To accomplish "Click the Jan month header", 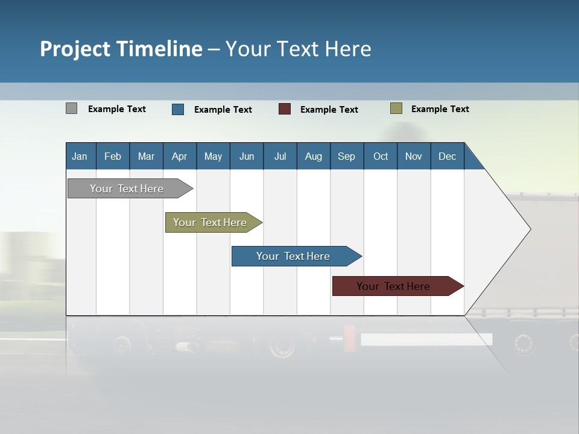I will [80, 156].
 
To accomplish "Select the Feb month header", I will [113, 156].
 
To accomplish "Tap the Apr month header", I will [180, 156].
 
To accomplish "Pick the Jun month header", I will [247, 156].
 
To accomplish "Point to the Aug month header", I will [314, 156].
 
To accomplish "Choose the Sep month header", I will [347, 156].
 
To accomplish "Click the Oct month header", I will [381, 156].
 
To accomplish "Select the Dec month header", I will [448, 156].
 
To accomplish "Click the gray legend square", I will [72, 108].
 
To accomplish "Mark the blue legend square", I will [178, 109].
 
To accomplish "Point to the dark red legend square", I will [285, 109].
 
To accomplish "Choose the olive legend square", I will [396, 108].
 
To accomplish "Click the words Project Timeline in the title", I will [121, 49].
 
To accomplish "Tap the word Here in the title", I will [347, 49].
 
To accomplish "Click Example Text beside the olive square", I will [440, 109].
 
